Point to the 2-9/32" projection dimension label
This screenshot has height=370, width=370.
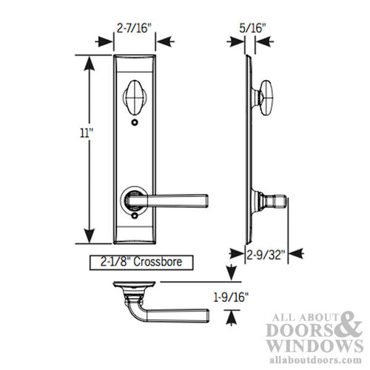pyautogui.click(x=265, y=253)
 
